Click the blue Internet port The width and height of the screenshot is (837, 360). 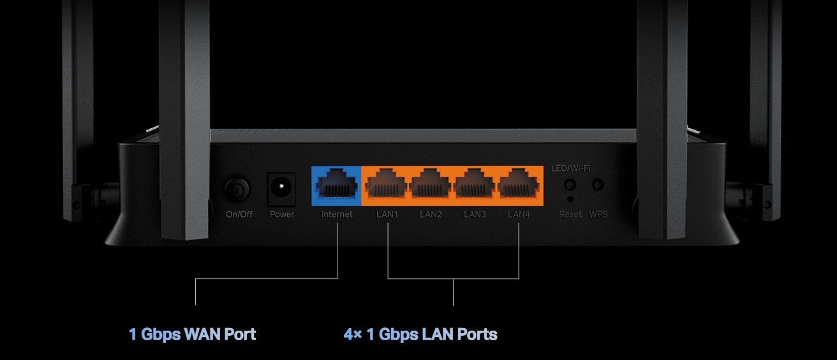(x=336, y=186)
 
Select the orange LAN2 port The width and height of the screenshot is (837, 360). (x=431, y=186)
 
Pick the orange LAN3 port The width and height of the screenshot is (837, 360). (x=475, y=186)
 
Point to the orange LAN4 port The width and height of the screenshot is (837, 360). (x=518, y=186)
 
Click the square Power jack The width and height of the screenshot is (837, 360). (x=281, y=188)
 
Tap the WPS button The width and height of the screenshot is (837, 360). (x=598, y=185)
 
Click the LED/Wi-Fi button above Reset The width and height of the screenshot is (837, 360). (x=570, y=185)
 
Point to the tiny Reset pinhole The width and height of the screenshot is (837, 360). (x=570, y=200)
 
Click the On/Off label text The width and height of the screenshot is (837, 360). (x=239, y=214)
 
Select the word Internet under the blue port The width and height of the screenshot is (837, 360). (x=337, y=214)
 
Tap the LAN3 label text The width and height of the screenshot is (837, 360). (x=475, y=214)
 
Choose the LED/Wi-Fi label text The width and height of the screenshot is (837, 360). (x=570, y=169)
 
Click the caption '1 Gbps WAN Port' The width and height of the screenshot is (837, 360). (x=192, y=334)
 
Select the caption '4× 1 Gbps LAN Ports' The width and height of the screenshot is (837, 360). (x=420, y=334)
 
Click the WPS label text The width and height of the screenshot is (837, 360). (x=598, y=214)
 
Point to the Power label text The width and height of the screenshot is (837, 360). (x=282, y=214)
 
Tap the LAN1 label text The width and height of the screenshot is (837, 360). (x=387, y=214)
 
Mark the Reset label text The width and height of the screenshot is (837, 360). (x=570, y=214)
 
